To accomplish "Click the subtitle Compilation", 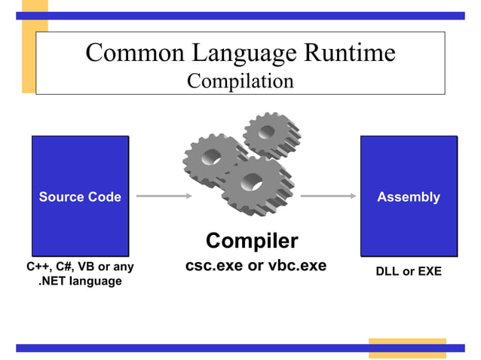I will [x=240, y=81].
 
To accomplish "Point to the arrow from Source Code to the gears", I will [x=164, y=197].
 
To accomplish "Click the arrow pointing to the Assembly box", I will [x=328, y=197].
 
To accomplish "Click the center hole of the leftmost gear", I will [x=212, y=160].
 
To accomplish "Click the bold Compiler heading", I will [x=252, y=241].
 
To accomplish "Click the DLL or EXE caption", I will [x=409, y=271].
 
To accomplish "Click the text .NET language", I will [x=80, y=282].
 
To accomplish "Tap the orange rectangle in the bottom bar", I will [x=406, y=347].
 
